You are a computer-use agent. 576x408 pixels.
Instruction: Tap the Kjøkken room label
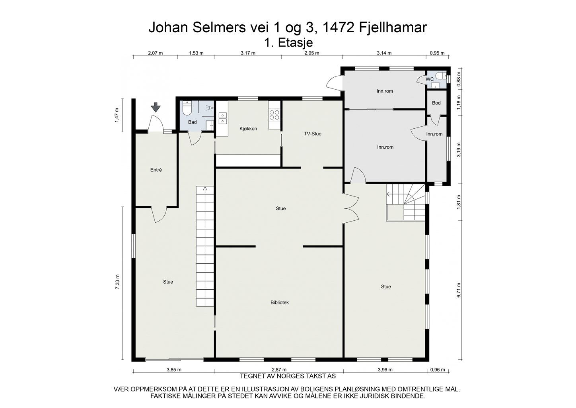coord(248,129)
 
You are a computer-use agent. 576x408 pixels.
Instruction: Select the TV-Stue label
coord(312,134)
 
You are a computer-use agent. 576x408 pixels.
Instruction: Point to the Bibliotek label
coord(280,302)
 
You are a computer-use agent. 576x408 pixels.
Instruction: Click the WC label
coord(430,79)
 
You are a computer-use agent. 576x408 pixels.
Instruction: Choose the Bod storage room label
coord(436,103)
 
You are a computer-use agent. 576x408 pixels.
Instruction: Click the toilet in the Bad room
coord(187,108)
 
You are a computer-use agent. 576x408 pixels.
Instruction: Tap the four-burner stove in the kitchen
coord(274,115)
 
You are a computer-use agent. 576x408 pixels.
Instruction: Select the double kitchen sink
coord(223,118)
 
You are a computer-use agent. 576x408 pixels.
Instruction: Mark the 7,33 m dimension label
coord(117,282)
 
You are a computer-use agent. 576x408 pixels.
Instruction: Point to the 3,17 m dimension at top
coord(248,53)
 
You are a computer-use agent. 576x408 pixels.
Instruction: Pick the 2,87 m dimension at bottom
coord(279,370)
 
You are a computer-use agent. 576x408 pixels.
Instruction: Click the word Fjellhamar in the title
coord(393,27)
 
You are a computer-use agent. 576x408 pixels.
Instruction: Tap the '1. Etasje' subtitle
coord(288,43)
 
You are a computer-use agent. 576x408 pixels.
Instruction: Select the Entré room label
coord(156,170)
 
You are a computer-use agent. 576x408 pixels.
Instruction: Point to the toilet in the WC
coord(443,75)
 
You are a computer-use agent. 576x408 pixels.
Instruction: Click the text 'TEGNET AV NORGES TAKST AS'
coord(288,376)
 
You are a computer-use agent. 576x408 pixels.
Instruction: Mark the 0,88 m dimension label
coord(459,78)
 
